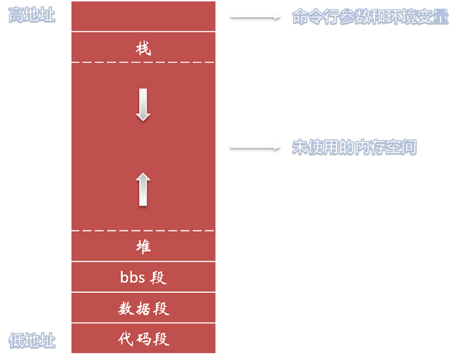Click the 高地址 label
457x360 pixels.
pos(31,15)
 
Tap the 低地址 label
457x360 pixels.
pos(31,339)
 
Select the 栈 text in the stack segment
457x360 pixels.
pos(144,49)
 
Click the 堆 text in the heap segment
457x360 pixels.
pos(144,246)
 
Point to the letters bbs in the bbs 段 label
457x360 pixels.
pos(132,277)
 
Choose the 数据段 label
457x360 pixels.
pos(144,309)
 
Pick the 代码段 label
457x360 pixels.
pos(144,339)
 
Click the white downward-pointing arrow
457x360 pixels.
pos(144,104)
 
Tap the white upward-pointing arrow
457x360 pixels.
pos(144,189)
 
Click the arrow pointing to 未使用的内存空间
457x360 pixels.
pos(254,148)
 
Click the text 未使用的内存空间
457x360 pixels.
pos(354,148)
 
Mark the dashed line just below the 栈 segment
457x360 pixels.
pos(144,62)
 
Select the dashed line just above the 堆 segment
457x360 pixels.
pos(144,231)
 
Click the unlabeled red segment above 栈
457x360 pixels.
pos(144,16)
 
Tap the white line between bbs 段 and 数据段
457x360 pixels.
pos(144,292)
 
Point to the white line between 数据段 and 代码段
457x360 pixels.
pos(144,323)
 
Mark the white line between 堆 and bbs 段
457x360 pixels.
pos(144,261)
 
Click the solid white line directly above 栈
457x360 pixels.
pos(144,31)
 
